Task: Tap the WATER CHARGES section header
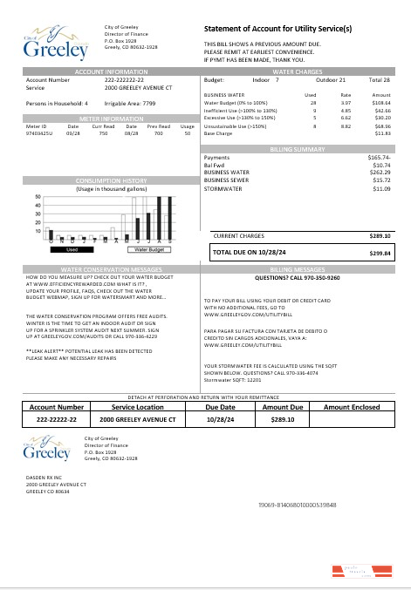[298, 71]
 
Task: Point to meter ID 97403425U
[38, 134]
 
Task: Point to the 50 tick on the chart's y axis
[38, 197]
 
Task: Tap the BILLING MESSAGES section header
[298, 270]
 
